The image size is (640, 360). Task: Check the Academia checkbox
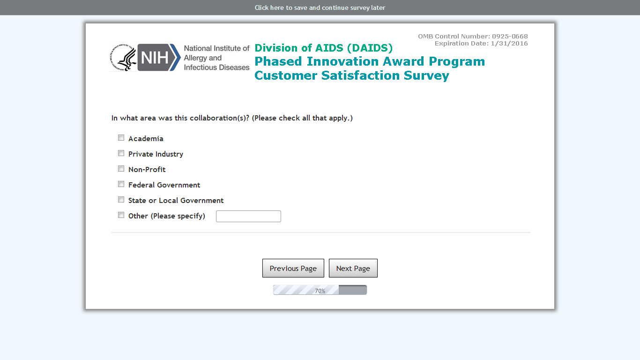point(121,138)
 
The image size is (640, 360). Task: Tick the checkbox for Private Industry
point(121,153)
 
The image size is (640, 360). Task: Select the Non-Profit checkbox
point(121,169)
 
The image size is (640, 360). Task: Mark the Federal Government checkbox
point(121,184)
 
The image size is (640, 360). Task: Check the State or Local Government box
point(121,200)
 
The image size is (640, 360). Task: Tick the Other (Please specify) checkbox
point(121,215)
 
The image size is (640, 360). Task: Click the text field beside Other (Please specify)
point(248,216)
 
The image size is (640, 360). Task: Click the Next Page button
point(353,268)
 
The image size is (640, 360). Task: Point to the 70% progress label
point(320,291)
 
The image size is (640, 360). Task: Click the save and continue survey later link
point(320,7)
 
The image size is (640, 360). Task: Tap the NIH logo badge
point(159,57)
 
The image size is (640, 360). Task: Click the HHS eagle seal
point(123,58)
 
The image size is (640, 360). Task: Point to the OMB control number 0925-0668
point(510,36)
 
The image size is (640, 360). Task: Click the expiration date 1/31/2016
point(509,44)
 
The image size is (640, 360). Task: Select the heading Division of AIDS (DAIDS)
point(324,48)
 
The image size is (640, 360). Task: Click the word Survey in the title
point(426,75)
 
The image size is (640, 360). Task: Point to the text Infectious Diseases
point(216,67)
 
